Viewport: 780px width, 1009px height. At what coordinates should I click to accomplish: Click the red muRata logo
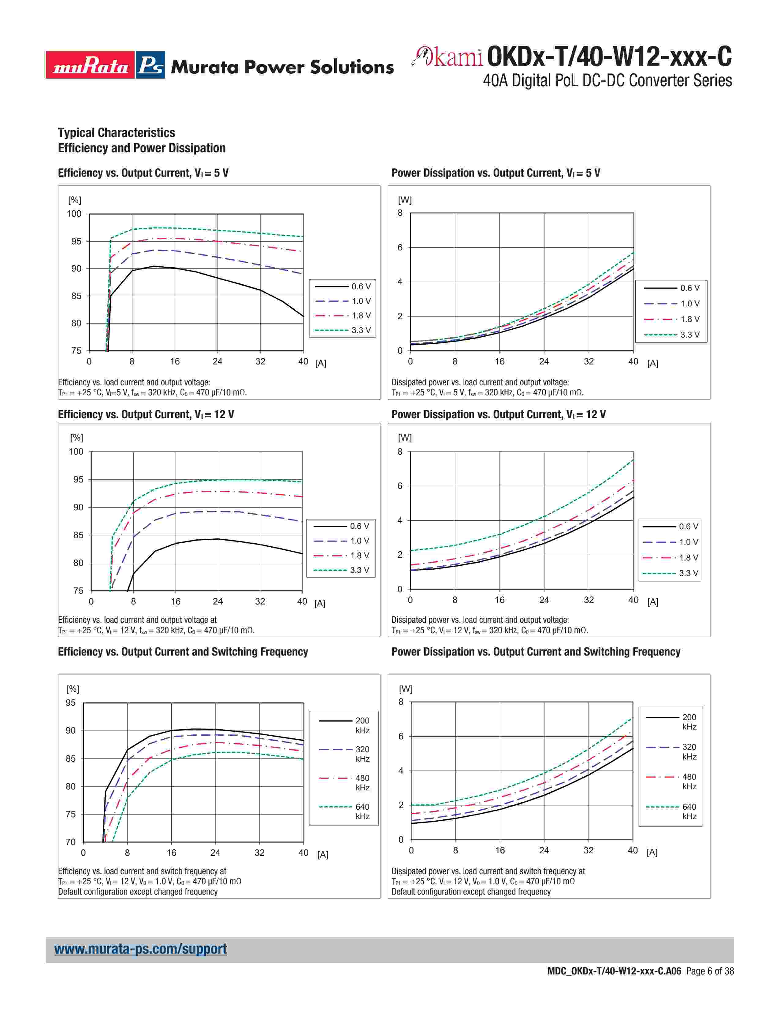tap(90, 65)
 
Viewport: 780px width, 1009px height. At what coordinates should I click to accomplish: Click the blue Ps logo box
tap(150, 65)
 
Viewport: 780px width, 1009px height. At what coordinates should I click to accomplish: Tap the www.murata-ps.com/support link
tap(140, 948)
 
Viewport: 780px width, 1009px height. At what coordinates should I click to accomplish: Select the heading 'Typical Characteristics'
tap(117, 133)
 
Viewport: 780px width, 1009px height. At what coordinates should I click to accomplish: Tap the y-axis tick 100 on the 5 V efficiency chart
tap(74, 214)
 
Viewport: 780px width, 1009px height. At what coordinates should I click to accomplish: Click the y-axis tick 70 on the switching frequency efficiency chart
tap(70, 842)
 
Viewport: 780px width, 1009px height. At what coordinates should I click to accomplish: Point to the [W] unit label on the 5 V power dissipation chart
tap(405, 200)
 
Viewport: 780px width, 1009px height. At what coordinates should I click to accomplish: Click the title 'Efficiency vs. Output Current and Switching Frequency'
tap(183, 652)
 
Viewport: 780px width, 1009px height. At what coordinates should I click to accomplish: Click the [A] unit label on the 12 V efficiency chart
tap(320, 603)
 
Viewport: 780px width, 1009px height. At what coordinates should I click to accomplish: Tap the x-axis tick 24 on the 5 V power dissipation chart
tap(544, 362)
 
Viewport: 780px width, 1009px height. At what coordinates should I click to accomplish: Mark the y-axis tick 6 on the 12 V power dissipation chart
tap(400, 486)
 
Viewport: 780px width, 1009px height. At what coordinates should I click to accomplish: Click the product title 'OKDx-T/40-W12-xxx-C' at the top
tap(609, 57)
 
